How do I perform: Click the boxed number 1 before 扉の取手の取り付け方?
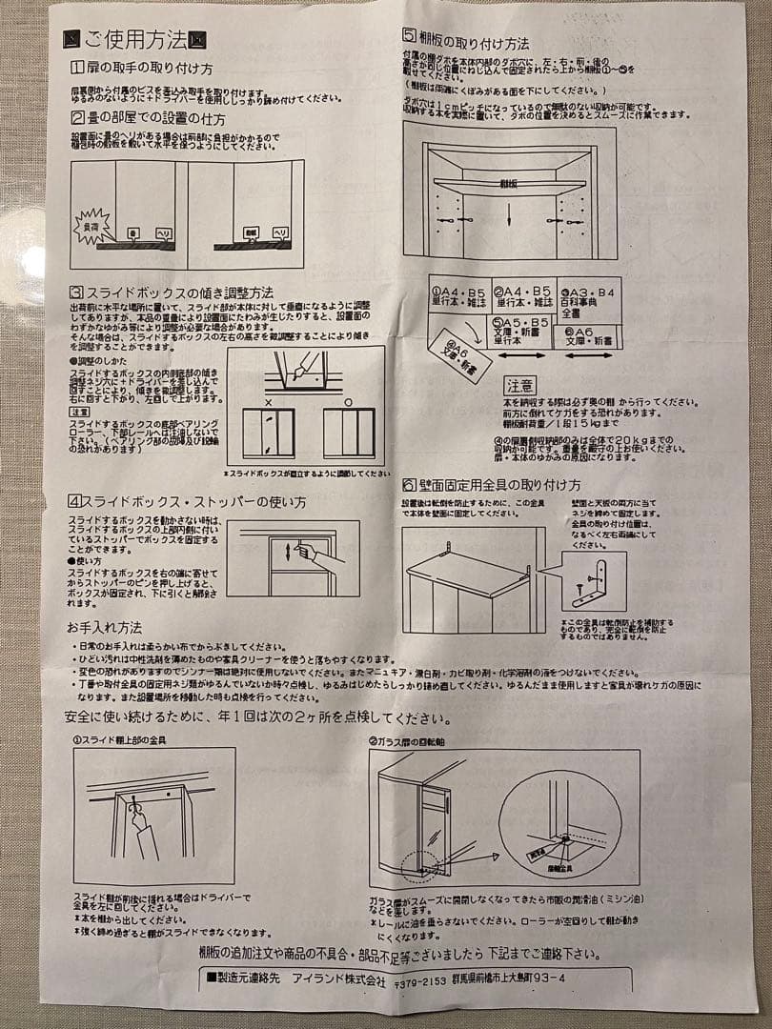click(77, 70)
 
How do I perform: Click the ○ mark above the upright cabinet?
click(347, 403)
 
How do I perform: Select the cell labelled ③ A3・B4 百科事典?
click(590, 301)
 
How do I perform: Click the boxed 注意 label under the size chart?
click(520, 386)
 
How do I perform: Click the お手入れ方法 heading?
click(104, 628)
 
